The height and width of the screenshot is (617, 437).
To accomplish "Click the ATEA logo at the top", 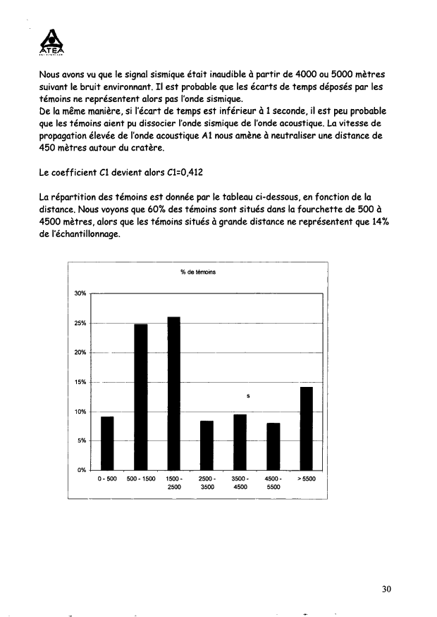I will click(x=52, y=41).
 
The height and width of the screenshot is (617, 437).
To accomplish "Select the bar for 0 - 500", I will click(x=107, y=443).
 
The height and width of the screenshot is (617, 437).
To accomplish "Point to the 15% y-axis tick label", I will click(x=80, y=382).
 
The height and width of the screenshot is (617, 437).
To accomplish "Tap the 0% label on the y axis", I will click(x=81, y=470).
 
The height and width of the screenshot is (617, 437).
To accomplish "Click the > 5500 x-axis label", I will click(x=307, y=479).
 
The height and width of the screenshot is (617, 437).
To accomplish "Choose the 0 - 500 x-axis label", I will click(x=107, y=479).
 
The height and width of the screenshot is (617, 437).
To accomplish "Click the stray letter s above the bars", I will click(x=248, y=396).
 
